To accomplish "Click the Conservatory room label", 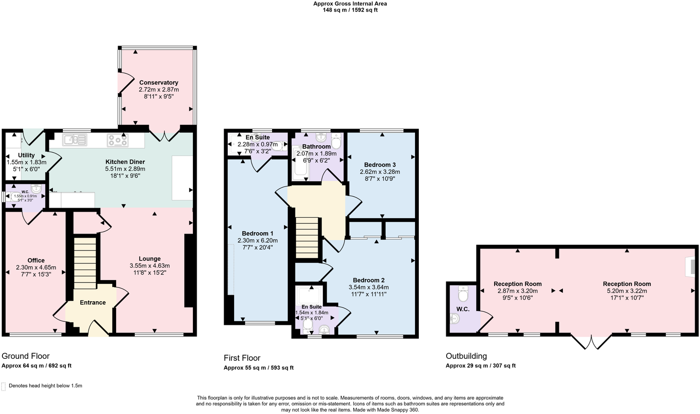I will coord(158,83).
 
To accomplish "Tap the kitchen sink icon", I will coord(74,140).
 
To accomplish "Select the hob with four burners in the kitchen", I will coord(118,140).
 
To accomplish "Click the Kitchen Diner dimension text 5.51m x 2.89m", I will coord(125,169).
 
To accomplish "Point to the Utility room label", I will coord(26,155).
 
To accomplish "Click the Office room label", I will coord(36,260).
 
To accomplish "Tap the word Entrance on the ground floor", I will coord(93,303).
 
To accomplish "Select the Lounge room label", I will coord(150,259).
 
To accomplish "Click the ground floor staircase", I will coord(85,262).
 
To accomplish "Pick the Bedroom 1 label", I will coord(258,234).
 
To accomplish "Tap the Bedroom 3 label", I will coord(380,165).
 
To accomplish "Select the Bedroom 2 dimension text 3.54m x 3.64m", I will coord(368,287).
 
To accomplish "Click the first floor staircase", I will coord(308,238).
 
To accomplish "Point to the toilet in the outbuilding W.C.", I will coord(463,293).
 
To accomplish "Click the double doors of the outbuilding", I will coord(592,341).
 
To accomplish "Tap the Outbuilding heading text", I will coord(466,356).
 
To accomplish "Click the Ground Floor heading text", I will coord(25,356).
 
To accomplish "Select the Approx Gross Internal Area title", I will coord(350,4).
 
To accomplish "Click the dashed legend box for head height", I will coord(4,386).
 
